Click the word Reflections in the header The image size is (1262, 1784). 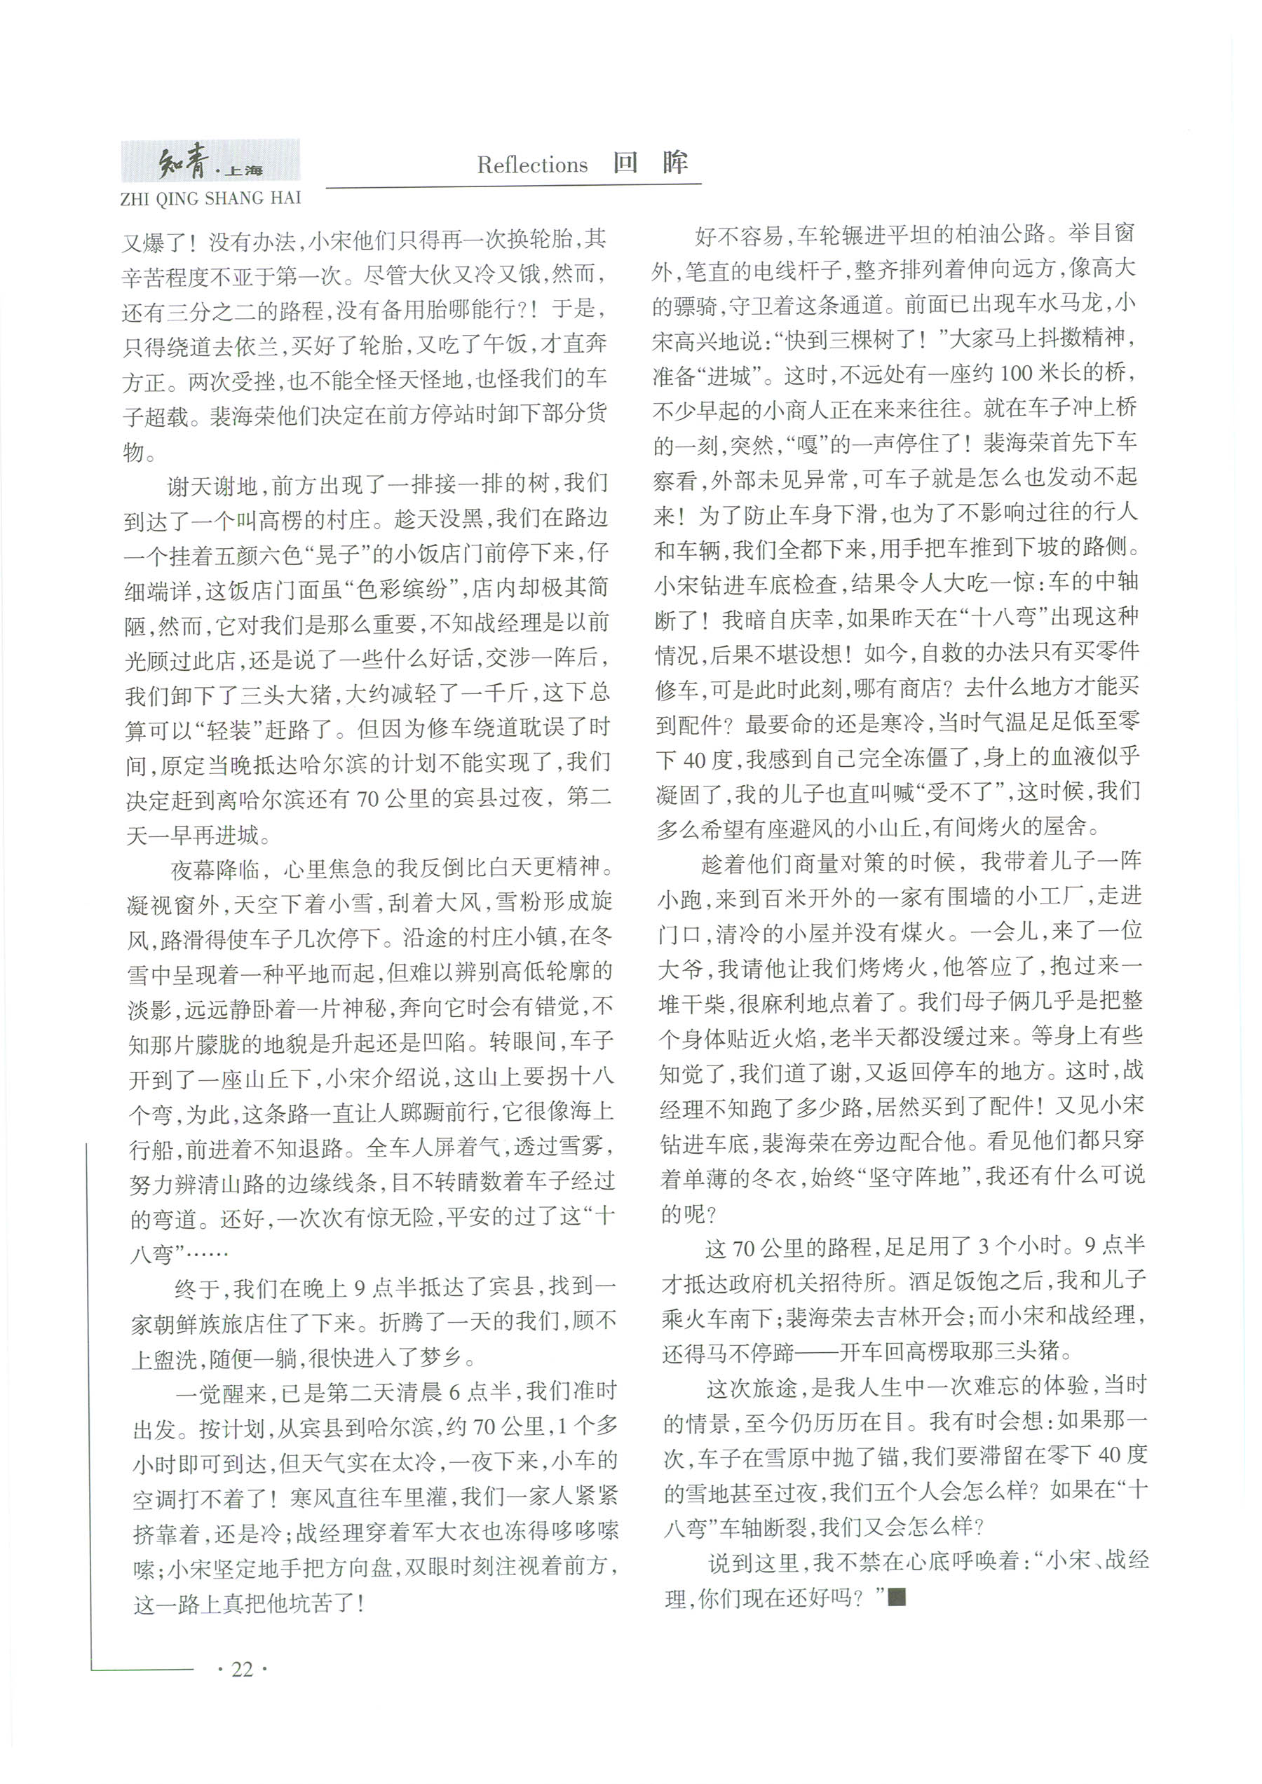point(532,165)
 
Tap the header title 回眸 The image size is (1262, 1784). point(651,163)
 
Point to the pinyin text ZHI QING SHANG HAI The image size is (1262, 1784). point(210,199)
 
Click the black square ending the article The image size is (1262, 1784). point(897,1598)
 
